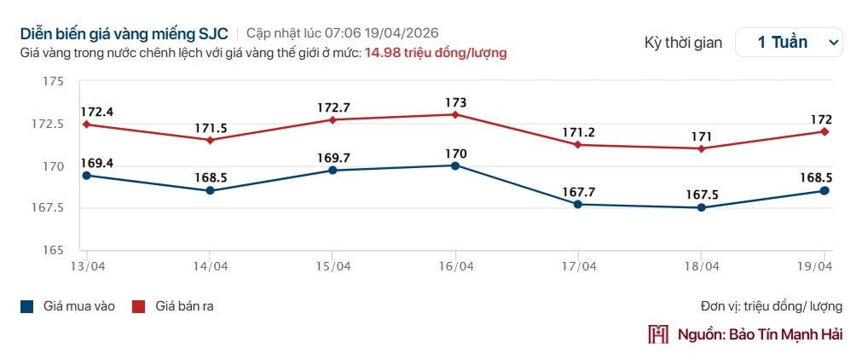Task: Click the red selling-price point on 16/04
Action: (455, 114)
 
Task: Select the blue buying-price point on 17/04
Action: (578, 204)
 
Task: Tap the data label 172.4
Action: (97, 112)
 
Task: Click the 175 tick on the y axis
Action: (53, 82)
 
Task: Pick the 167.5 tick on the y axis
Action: (48, 208)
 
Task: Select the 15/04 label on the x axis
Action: (333, 266)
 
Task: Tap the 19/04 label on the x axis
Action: (815, 266)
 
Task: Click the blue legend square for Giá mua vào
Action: (27, 306)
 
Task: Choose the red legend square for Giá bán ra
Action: (139, 306)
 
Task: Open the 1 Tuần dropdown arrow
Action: (831, 42)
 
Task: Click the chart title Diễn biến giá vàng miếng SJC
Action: (125, 33)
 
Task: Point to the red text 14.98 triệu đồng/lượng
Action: (436, 53)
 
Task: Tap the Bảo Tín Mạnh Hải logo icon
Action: (658, 334)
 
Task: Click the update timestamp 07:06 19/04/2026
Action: (401, 33)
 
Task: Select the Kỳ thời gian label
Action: (683, 42)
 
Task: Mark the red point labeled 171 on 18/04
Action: (701, 148)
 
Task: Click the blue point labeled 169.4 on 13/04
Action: (86, 176)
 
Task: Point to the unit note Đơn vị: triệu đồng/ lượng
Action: (771, 306)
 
